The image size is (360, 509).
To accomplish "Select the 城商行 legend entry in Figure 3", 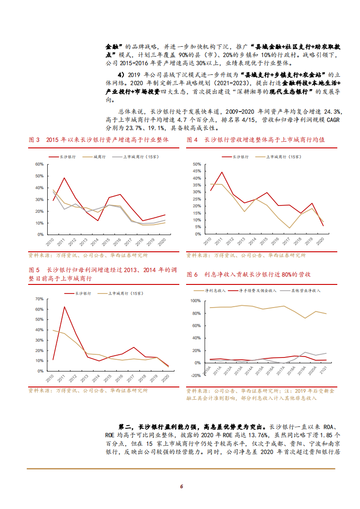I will pyautogui.click(x=99, y=157).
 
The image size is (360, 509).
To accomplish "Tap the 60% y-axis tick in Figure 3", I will pyautogui.click(x=39, y=164).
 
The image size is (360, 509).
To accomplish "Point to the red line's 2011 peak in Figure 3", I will pyautogui.click(x=64, y=178).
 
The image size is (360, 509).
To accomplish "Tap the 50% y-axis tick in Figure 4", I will pyautogui.click(x=197, y=164).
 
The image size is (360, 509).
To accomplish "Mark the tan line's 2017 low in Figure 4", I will pyautogui.click(x=289, y=228).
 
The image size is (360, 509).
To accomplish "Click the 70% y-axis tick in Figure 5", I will pyautogui.click(x=39, y=299).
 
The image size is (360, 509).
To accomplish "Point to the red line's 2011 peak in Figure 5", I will pyautogui.click(x=64, y=307).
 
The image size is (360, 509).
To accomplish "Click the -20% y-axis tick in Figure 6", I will pyautogui.click(x=195, y=376).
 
